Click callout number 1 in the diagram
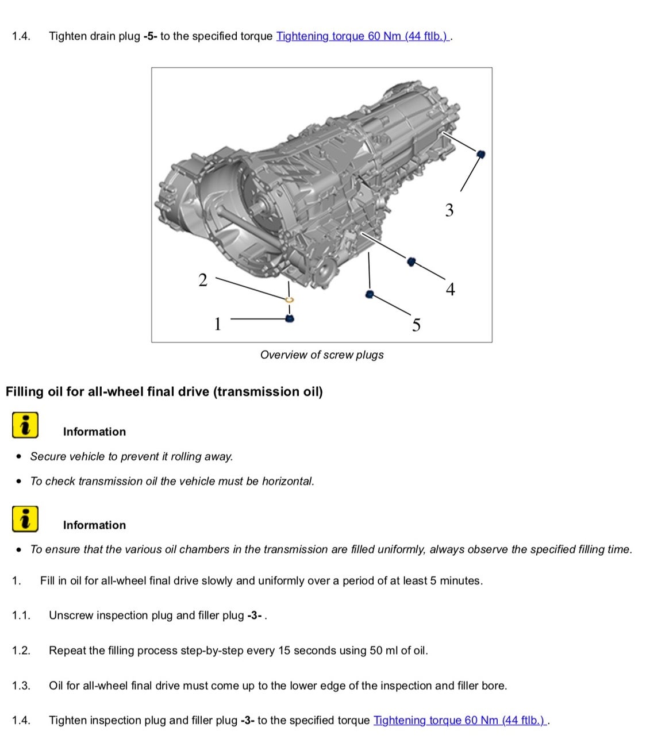pos(217,324)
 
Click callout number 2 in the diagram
pos(202,280)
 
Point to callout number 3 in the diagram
pos(449,210)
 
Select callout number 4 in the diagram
pos(450,289)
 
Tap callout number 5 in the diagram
pos(416,325)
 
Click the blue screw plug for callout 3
pos(481,153)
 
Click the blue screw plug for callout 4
pos(411,261)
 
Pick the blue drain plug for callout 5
pos(370,294)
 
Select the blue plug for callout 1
pos(290,318)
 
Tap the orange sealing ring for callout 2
pos(290,299)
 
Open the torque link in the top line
pos(363,36)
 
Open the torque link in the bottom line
pos(460,720)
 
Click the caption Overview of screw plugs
pos(322,355)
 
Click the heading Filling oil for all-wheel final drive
pos(164,392)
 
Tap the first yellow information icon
pos(25,425)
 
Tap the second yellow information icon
pos(25,519)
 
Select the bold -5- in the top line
pos(150,36)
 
